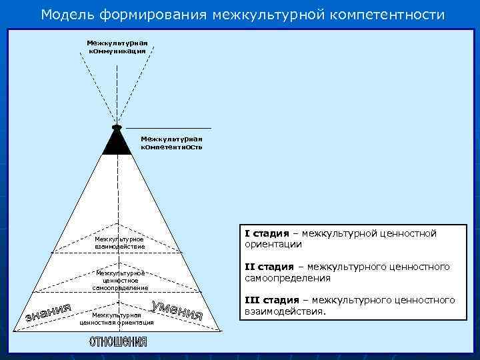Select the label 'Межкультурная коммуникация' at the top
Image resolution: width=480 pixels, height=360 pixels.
[117, 47]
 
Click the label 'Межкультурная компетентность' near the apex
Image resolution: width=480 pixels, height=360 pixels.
[171, 143]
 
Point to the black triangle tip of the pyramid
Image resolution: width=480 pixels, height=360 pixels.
[117, 142]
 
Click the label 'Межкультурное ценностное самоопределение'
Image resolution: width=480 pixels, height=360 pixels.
[121, 280]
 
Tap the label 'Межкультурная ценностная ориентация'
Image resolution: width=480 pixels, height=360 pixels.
[117, 318]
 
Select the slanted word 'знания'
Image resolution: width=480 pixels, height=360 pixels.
[48, 312]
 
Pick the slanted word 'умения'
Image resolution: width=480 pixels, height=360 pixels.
[177, 310]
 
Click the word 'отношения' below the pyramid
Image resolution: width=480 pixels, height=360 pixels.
[118, 342]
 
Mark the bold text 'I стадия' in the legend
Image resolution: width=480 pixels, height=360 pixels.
[267, 233]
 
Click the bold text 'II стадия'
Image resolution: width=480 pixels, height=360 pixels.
[269, 267]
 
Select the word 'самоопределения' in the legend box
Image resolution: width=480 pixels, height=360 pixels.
[288, 277]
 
